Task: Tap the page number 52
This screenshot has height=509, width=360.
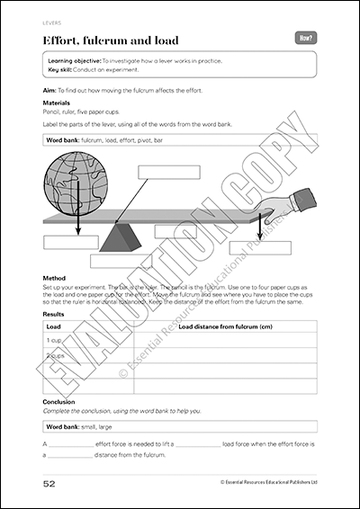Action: [x=51, y=483]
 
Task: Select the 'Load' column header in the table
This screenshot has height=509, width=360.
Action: [x=53, y=327]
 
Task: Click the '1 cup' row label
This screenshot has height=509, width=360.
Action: [x=54, y=342]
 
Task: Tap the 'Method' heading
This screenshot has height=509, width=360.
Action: [x=53, y=280]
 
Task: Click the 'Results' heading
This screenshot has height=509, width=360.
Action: [x=54, y=316]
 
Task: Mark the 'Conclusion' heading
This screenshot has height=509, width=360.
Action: [x=58, y=401]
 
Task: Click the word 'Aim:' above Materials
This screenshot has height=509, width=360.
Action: [x=49, y=90]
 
